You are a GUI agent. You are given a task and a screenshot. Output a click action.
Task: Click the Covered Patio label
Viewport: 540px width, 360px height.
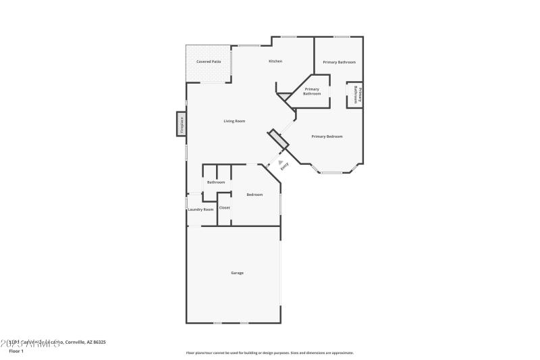click(x=209, y=61)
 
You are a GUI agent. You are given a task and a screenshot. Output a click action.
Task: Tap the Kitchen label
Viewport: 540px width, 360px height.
click(x=275, y=61)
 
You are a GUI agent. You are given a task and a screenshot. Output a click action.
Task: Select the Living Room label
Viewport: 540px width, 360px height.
click(x=235, y=121)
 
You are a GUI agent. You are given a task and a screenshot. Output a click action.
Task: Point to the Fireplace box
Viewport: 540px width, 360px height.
click(x=181, y=124)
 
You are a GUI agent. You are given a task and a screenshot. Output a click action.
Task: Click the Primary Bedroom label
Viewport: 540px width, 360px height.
click(x=327, y=136)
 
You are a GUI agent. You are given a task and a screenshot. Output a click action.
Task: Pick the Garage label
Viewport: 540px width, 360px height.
click(x=238, y=273)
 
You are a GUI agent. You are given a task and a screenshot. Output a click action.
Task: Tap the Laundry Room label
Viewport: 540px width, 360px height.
click(x=200, y=209)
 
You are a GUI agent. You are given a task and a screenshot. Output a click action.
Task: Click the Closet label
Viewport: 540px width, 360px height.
click(x=225, y=207)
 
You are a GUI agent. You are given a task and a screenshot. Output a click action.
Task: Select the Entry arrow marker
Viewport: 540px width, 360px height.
click(x=273, y=161)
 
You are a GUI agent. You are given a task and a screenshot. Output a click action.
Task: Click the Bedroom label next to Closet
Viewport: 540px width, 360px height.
click(x=254, y=195)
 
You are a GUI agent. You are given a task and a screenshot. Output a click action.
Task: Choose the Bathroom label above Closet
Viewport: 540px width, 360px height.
click(x=216, y=182)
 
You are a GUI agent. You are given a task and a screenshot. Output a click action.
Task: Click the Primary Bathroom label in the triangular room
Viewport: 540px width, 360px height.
click(x=312, y=91)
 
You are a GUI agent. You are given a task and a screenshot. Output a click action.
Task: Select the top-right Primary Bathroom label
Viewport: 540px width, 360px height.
click(x=339, y=62)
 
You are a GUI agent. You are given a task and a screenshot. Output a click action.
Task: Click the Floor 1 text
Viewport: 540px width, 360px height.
click(x=16, y=351)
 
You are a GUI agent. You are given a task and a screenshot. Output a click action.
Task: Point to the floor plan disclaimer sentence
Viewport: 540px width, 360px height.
click(x=269, y=353)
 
